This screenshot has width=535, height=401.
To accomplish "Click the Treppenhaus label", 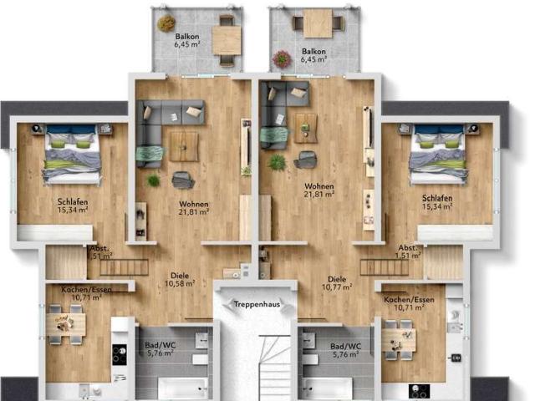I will tap(254, 304).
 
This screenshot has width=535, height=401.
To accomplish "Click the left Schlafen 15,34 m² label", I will tap(73, 206).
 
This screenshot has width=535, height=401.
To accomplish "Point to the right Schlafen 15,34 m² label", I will tap(437, 202).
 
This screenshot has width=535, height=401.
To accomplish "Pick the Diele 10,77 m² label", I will tap(337, 283).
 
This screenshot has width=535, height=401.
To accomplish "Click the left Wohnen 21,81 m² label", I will tap(194, 208).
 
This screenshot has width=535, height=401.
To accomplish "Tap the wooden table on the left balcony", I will tap(226, 38).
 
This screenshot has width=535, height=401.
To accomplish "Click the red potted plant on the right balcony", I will tap(283, 58).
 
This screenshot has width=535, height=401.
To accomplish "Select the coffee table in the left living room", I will tap(183, 145).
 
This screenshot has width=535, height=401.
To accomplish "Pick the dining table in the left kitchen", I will tap(65, 325).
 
